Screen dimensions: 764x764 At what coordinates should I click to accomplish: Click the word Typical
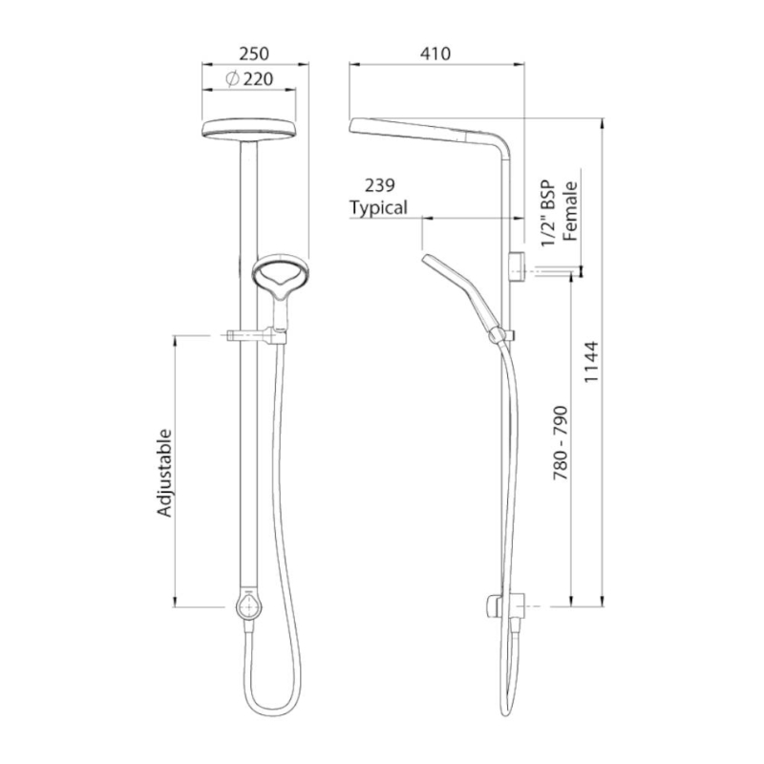(x=378, y=206)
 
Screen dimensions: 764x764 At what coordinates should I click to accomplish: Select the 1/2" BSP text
(x=549, y=214)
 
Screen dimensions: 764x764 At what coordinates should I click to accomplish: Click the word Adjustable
(x=164, y=473)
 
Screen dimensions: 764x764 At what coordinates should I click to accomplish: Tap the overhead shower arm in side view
(x=430, y=130)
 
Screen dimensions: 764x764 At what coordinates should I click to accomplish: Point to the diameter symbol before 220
(x=233, y=80)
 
